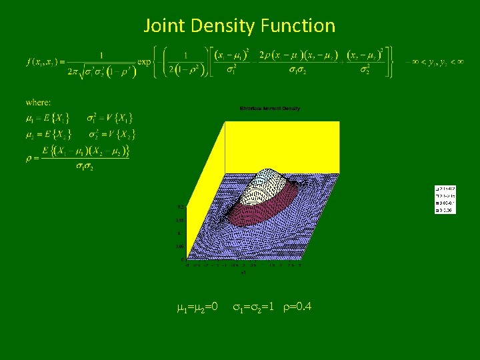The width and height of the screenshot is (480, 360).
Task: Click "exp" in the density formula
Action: pos(145,62)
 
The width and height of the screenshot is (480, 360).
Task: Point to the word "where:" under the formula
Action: pos(38,102)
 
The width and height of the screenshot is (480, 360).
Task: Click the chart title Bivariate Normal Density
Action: pos(269,108)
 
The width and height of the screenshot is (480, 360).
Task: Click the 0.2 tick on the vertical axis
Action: pos(180,207)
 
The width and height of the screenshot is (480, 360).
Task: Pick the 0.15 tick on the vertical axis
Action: pos(180,220)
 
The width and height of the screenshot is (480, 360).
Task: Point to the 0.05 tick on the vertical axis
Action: pos(180,247)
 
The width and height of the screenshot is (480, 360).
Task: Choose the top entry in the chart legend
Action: pos(445,189)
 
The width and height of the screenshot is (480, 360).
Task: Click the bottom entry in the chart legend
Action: pos(445,211)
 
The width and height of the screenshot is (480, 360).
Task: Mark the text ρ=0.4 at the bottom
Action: pos(295,307)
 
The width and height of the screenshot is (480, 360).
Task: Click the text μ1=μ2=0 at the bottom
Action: pos(197,307)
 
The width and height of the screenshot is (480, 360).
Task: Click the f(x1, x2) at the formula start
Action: pos(42,62)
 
